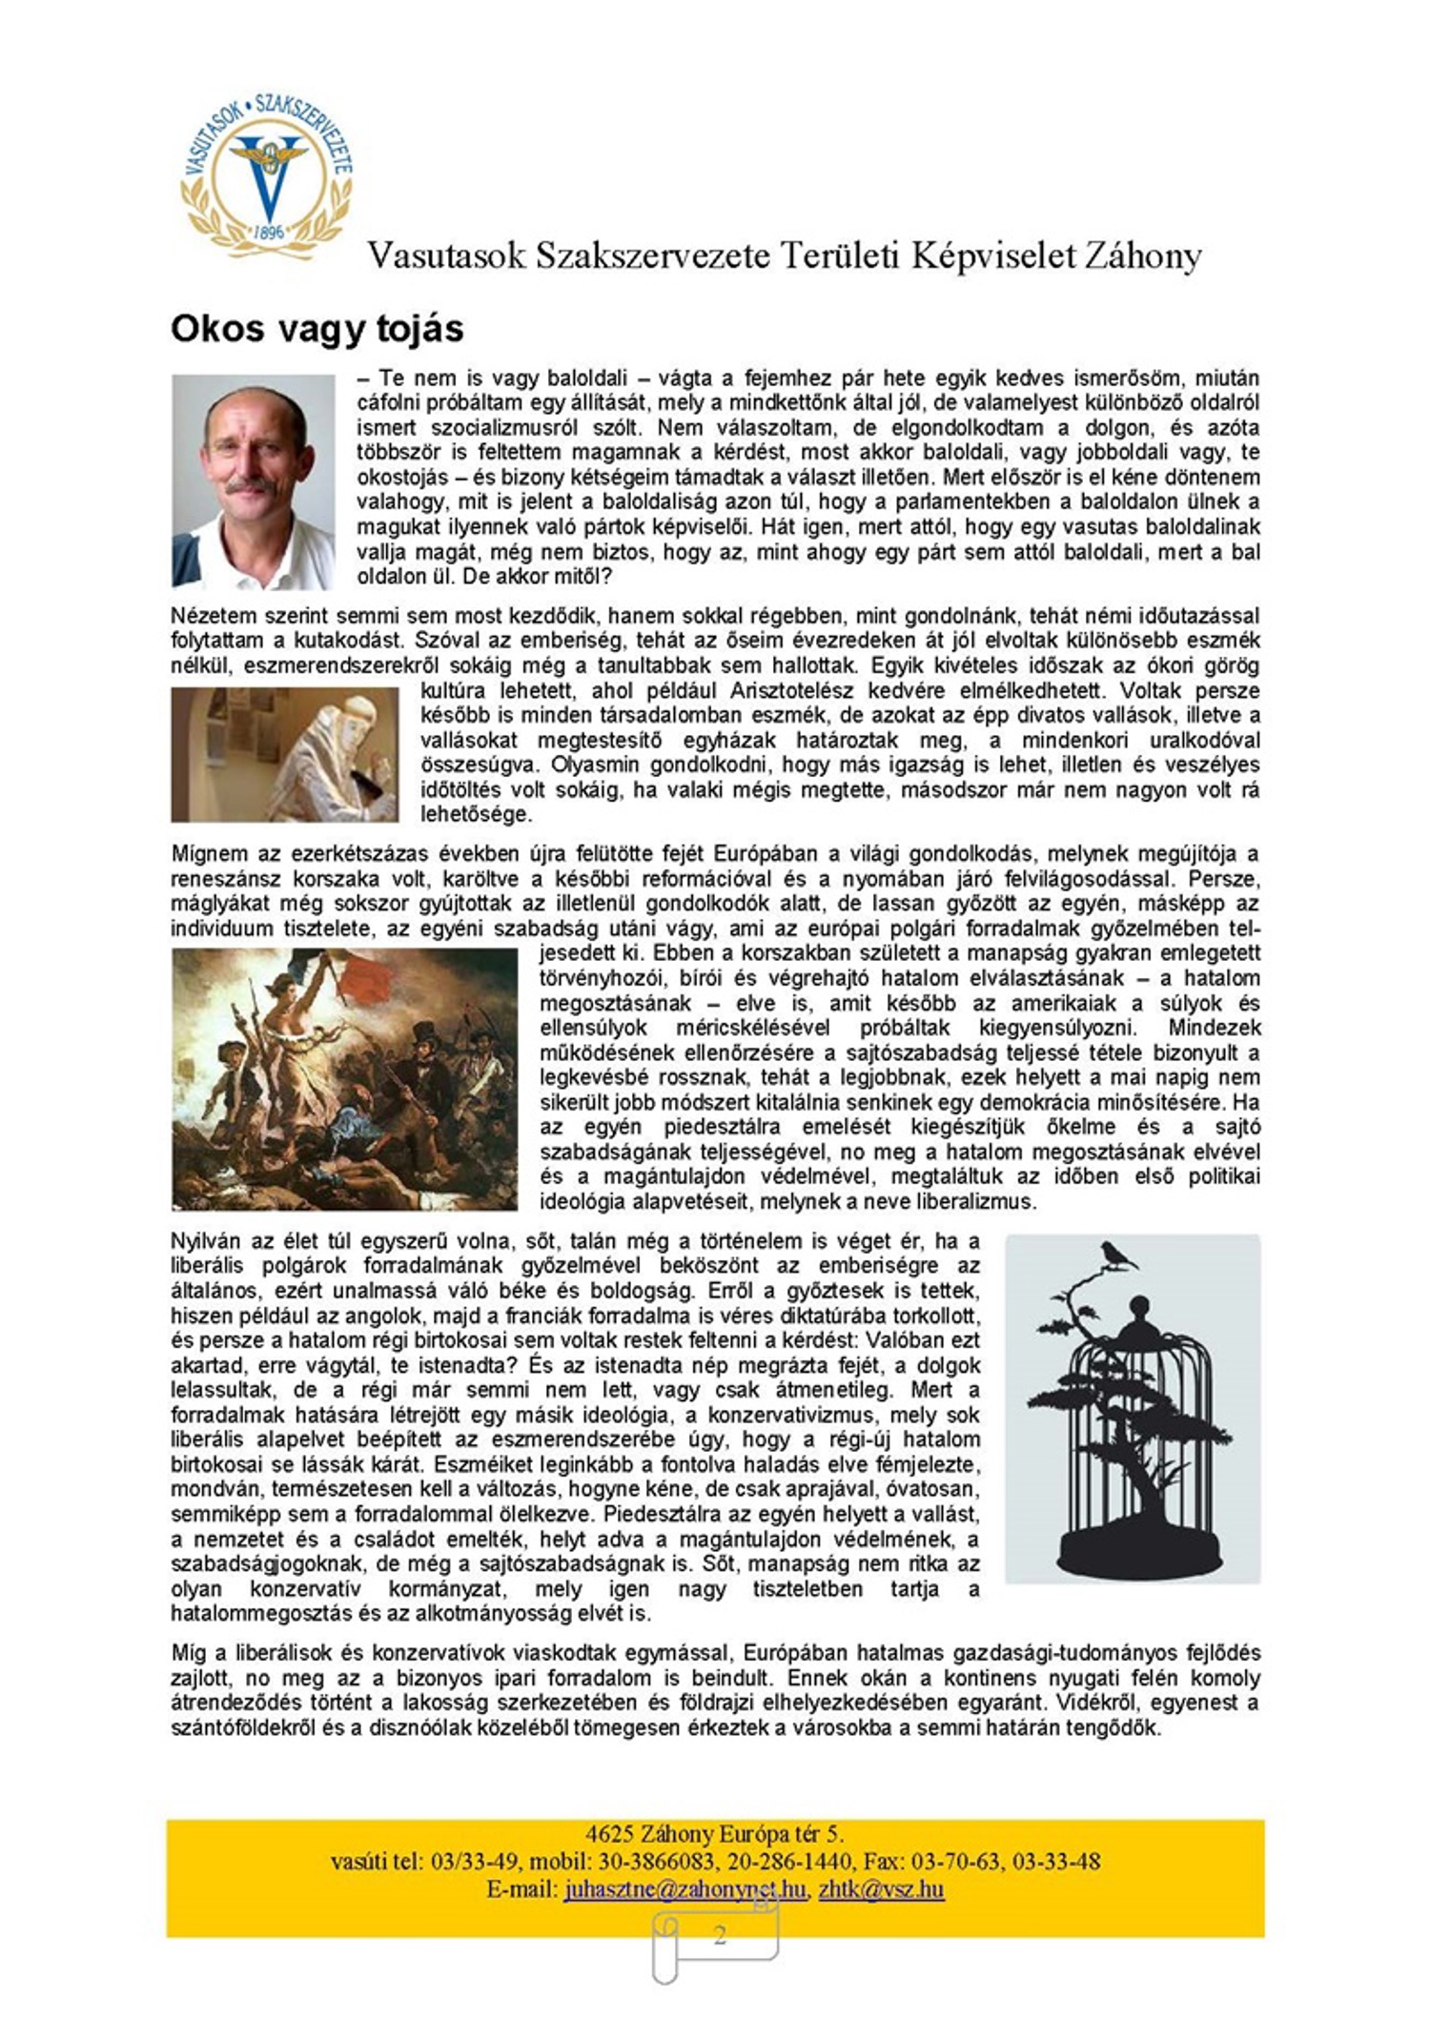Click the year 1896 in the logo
tap(270, 233)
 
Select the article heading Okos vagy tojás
tap(317, 329)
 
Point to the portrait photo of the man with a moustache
tap(253, 480)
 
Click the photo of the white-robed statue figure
tap(285, 754)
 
